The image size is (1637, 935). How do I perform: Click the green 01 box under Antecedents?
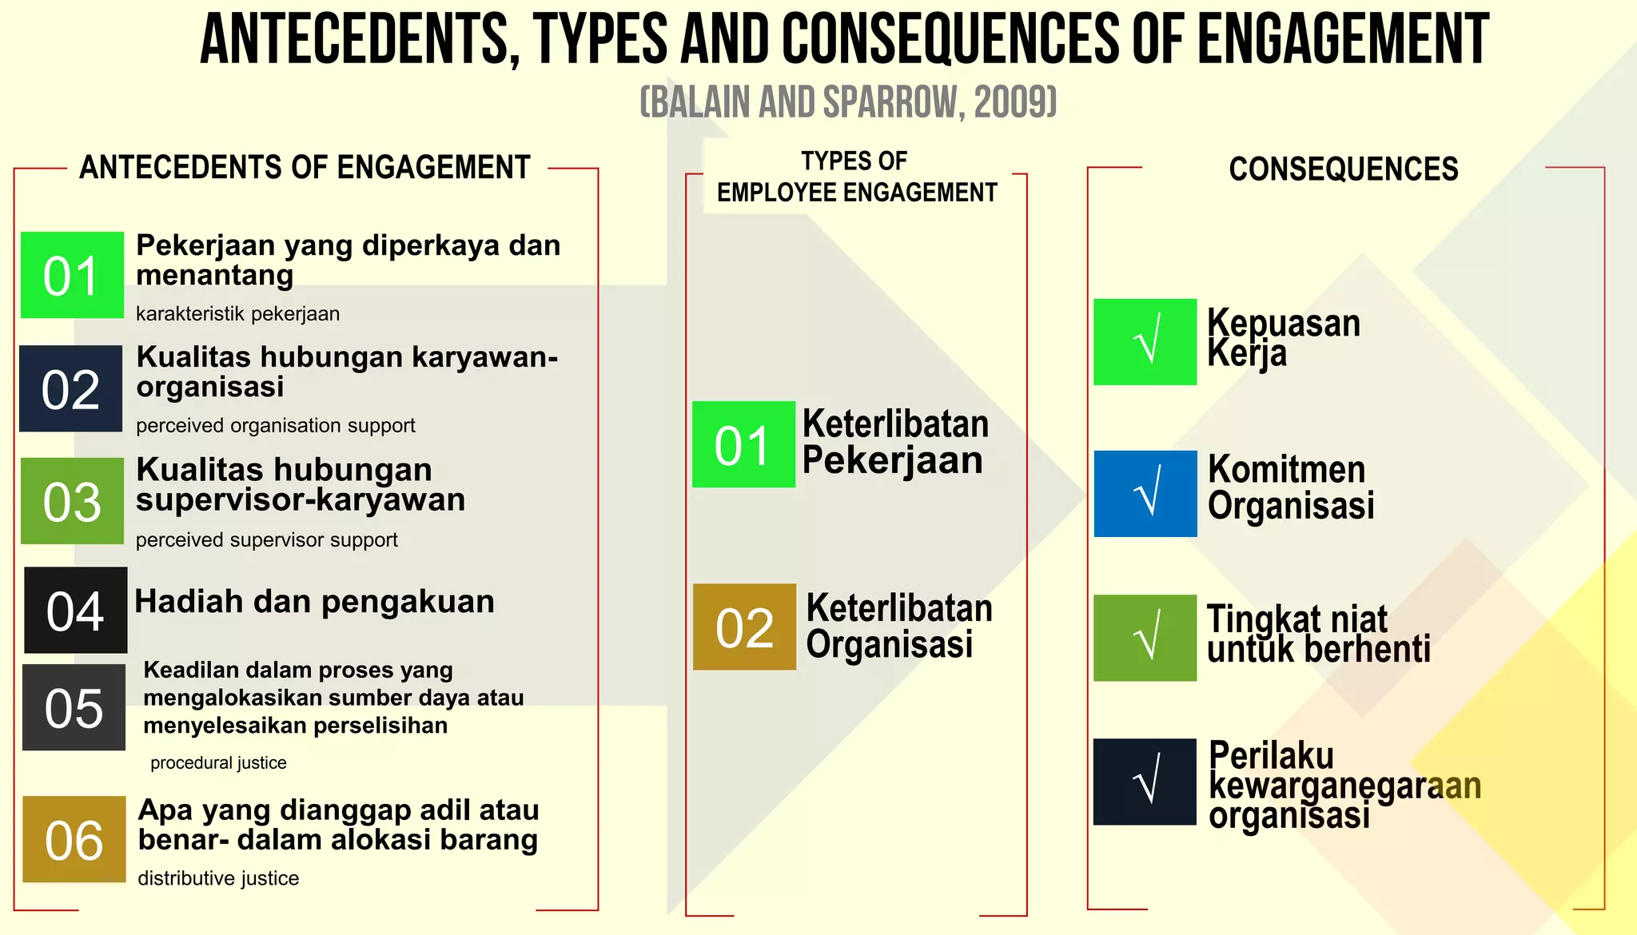(x=72, y=275)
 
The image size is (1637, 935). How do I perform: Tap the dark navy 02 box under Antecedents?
(x=70, y=388)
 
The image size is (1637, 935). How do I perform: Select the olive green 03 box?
(x=72, y=501)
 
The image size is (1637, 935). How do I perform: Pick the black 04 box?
(x=76, y=610)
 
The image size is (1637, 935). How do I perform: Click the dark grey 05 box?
(x=74, y=707)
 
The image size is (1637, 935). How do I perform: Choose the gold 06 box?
(x=74, y=839)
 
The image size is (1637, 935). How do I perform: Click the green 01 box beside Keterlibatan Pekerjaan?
(x=743, y=444)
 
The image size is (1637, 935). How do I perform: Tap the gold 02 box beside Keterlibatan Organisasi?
(x=744, y=627)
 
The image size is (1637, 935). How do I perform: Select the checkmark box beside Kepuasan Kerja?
(x=1145, y=342)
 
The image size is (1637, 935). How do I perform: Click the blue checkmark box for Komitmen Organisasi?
(x=1145, y=494)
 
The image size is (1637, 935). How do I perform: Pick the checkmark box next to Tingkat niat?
(x=1145, y=638)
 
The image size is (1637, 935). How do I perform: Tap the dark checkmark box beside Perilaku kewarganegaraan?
(x=1145, y=782)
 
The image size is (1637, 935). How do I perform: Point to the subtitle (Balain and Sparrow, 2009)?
(x=848, y=102)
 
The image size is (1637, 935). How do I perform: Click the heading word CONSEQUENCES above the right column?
(x=1343, y=169)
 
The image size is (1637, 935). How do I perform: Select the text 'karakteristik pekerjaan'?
(x=237, y=314)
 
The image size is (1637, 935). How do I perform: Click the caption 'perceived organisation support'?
(x=275, y=426)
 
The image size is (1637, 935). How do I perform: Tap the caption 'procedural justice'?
(x=218, y=763)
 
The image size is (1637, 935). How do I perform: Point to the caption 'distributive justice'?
(x=218, y=879)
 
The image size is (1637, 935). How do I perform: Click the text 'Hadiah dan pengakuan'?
(x=314, y=602)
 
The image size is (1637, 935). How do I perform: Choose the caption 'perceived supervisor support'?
(x=266, y=540)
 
